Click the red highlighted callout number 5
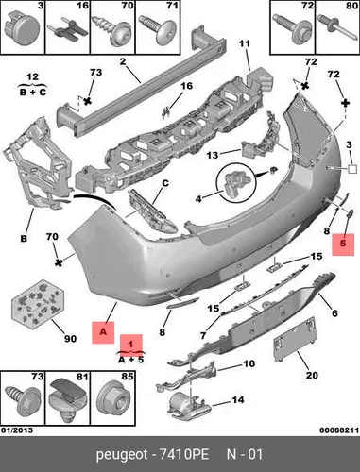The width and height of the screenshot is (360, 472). [343, 244]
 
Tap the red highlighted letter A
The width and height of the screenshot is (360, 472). [103, 331]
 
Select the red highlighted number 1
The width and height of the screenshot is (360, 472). [131, 342]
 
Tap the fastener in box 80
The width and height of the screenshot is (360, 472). [336, 27]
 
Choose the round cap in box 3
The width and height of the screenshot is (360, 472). [23, 28]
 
